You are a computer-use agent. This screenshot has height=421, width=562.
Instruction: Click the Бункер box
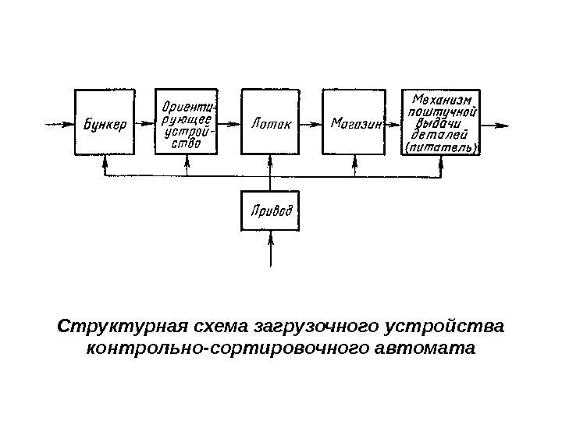pyautogui.click(x=105, y=122)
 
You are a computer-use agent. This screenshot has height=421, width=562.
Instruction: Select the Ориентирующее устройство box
pyautogui.click(x=187, y=122)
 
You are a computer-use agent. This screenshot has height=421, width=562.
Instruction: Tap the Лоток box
pyautogui.click(x=271, y=122)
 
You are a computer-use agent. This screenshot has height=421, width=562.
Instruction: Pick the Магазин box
pyautogui.click(x=356, y=122)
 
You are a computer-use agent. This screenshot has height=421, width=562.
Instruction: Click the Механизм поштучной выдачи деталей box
pyautogui.click(x=442, y=122)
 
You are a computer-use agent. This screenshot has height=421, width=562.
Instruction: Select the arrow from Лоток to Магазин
pyautogui.click(x=311, y=123)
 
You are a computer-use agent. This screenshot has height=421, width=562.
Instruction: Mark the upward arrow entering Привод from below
pyautogui.click(x=271, y=249)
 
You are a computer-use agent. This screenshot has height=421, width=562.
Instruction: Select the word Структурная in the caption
pyautogui.click(x=107, y=324)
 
